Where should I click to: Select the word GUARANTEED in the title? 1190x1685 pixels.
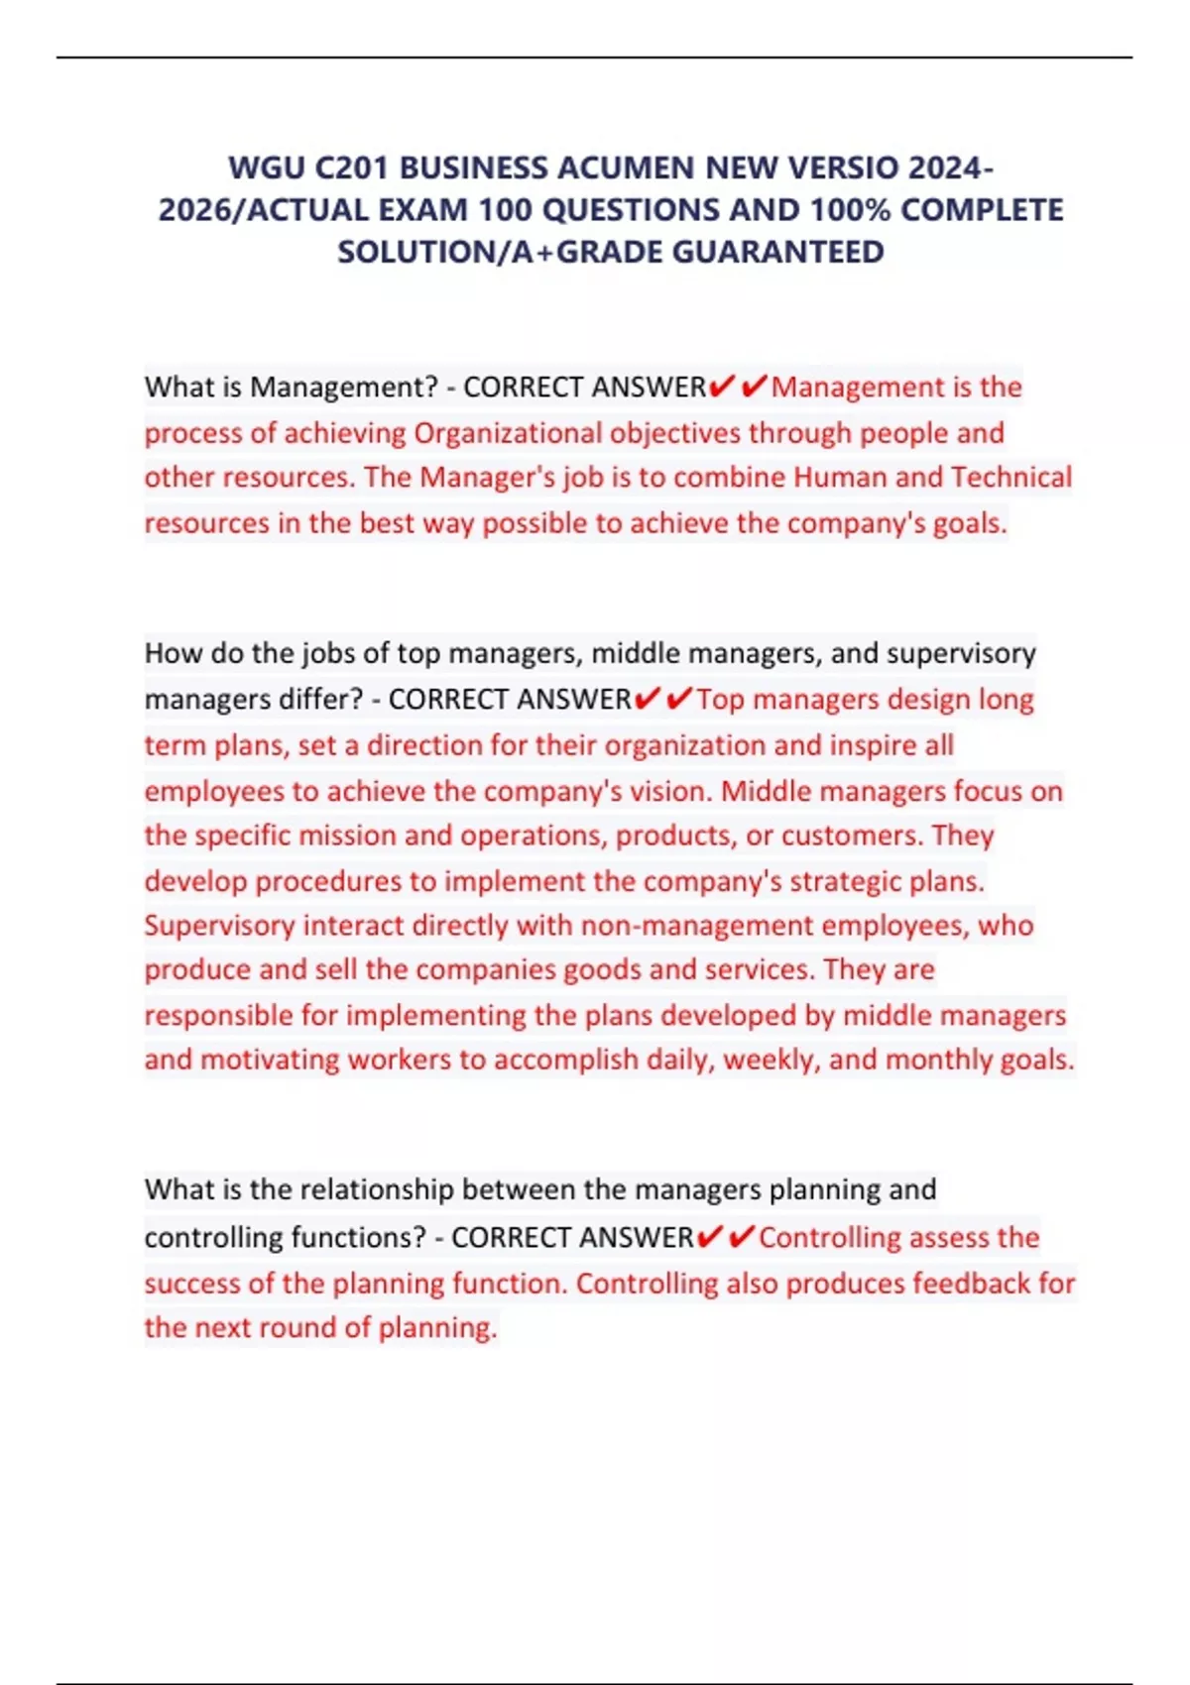point(777,252)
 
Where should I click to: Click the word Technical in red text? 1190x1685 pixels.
point(1011,478)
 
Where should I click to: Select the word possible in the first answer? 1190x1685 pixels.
point(535,523)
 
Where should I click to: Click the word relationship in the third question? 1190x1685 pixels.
point(376,1189)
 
